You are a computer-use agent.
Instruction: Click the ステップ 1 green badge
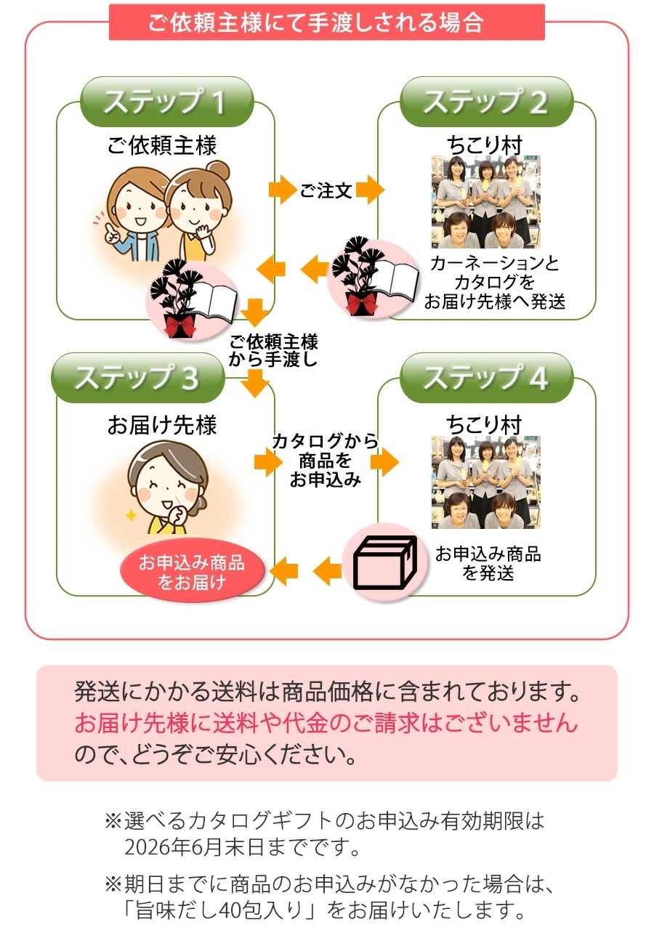pos(166,102)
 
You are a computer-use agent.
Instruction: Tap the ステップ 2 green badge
pos(485,102)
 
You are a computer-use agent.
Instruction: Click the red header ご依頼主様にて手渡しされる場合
pos(326,23)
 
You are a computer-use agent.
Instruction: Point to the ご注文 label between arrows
pos(326,191)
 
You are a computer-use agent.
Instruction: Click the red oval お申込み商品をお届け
pos(192,572)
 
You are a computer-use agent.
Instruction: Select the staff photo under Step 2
pos(485,202)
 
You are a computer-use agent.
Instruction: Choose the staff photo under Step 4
pos(485,482)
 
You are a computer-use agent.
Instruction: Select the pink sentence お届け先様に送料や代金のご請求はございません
pos(326,723)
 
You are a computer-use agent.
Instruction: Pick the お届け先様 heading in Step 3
pos(162,425)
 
